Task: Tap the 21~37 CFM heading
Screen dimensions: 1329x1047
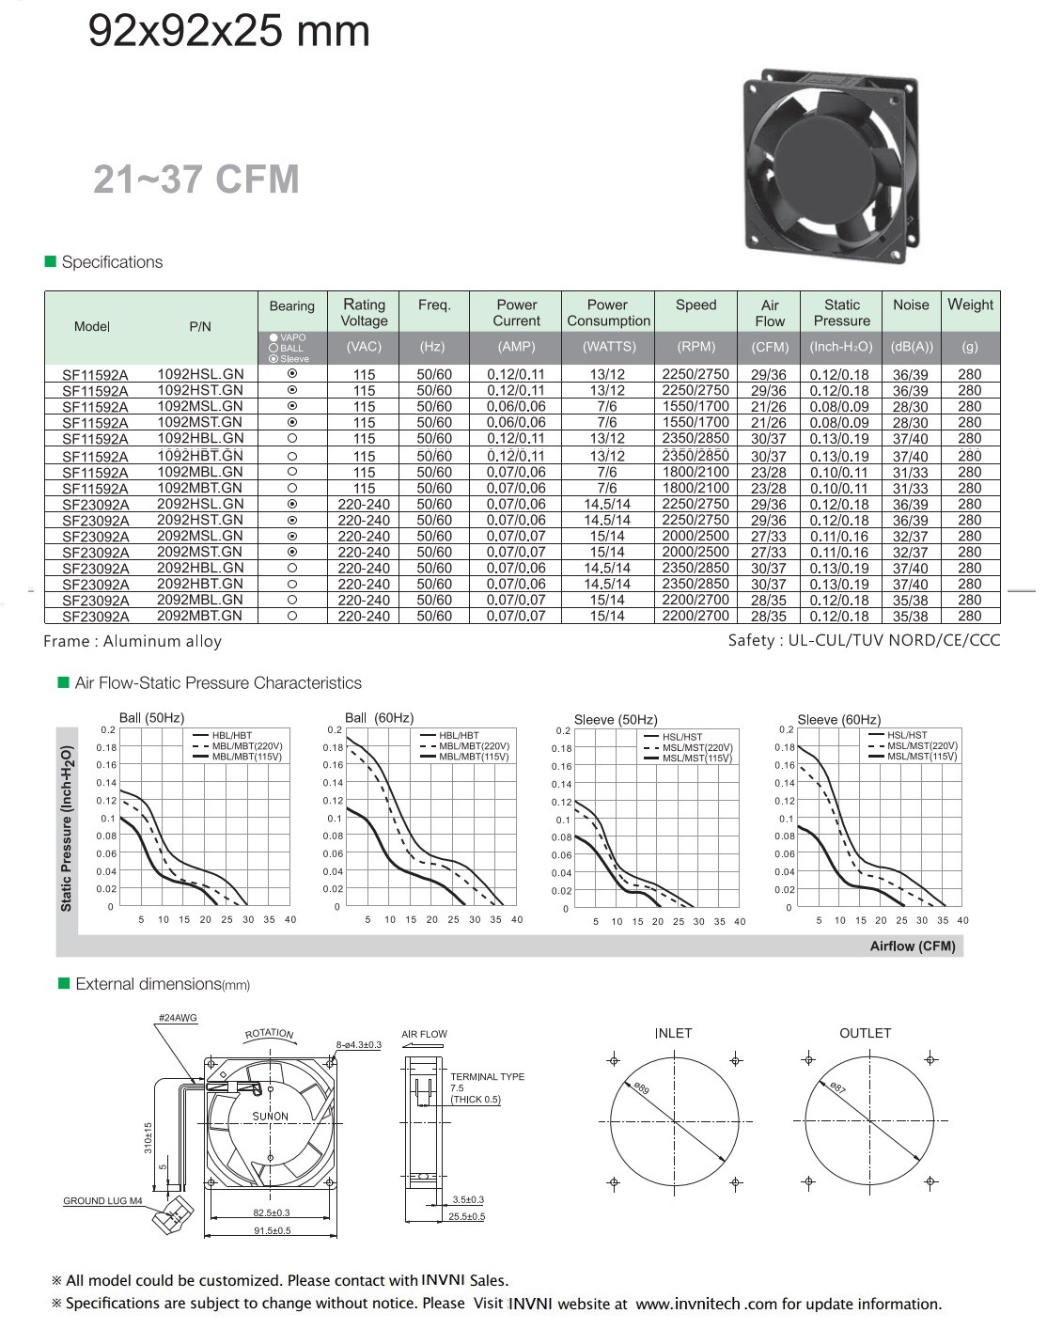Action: click(195, 179)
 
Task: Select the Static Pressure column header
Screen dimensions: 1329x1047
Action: click(841, 312)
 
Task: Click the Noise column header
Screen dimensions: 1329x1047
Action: click(910, 305)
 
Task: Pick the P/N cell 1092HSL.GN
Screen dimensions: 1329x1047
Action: click(200, 373)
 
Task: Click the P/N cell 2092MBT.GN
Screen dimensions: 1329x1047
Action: click(199, 616)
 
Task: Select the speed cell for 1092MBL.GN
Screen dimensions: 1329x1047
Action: click(695, 472)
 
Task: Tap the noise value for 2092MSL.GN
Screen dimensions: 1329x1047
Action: click(910, 536)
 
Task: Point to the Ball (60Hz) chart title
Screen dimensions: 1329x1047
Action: click(379, 718)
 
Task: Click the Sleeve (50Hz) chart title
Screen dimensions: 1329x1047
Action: click(616, 720)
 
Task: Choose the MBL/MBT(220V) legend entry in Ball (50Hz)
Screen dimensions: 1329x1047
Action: click(247, 746)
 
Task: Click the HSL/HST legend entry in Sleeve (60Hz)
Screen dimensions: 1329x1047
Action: click(906, 736)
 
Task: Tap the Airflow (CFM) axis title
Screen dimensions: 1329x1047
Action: click(912, 946)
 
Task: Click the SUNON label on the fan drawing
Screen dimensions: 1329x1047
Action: click(270, 1117)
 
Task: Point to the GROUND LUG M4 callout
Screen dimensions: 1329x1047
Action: click(102, 1200)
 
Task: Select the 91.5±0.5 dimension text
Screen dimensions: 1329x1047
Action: click(273, 1230)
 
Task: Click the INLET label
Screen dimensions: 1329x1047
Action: click(673, 1033)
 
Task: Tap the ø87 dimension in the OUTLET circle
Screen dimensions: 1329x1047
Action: click(837, 1087)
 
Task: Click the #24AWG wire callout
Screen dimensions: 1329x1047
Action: click(178, 1018)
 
